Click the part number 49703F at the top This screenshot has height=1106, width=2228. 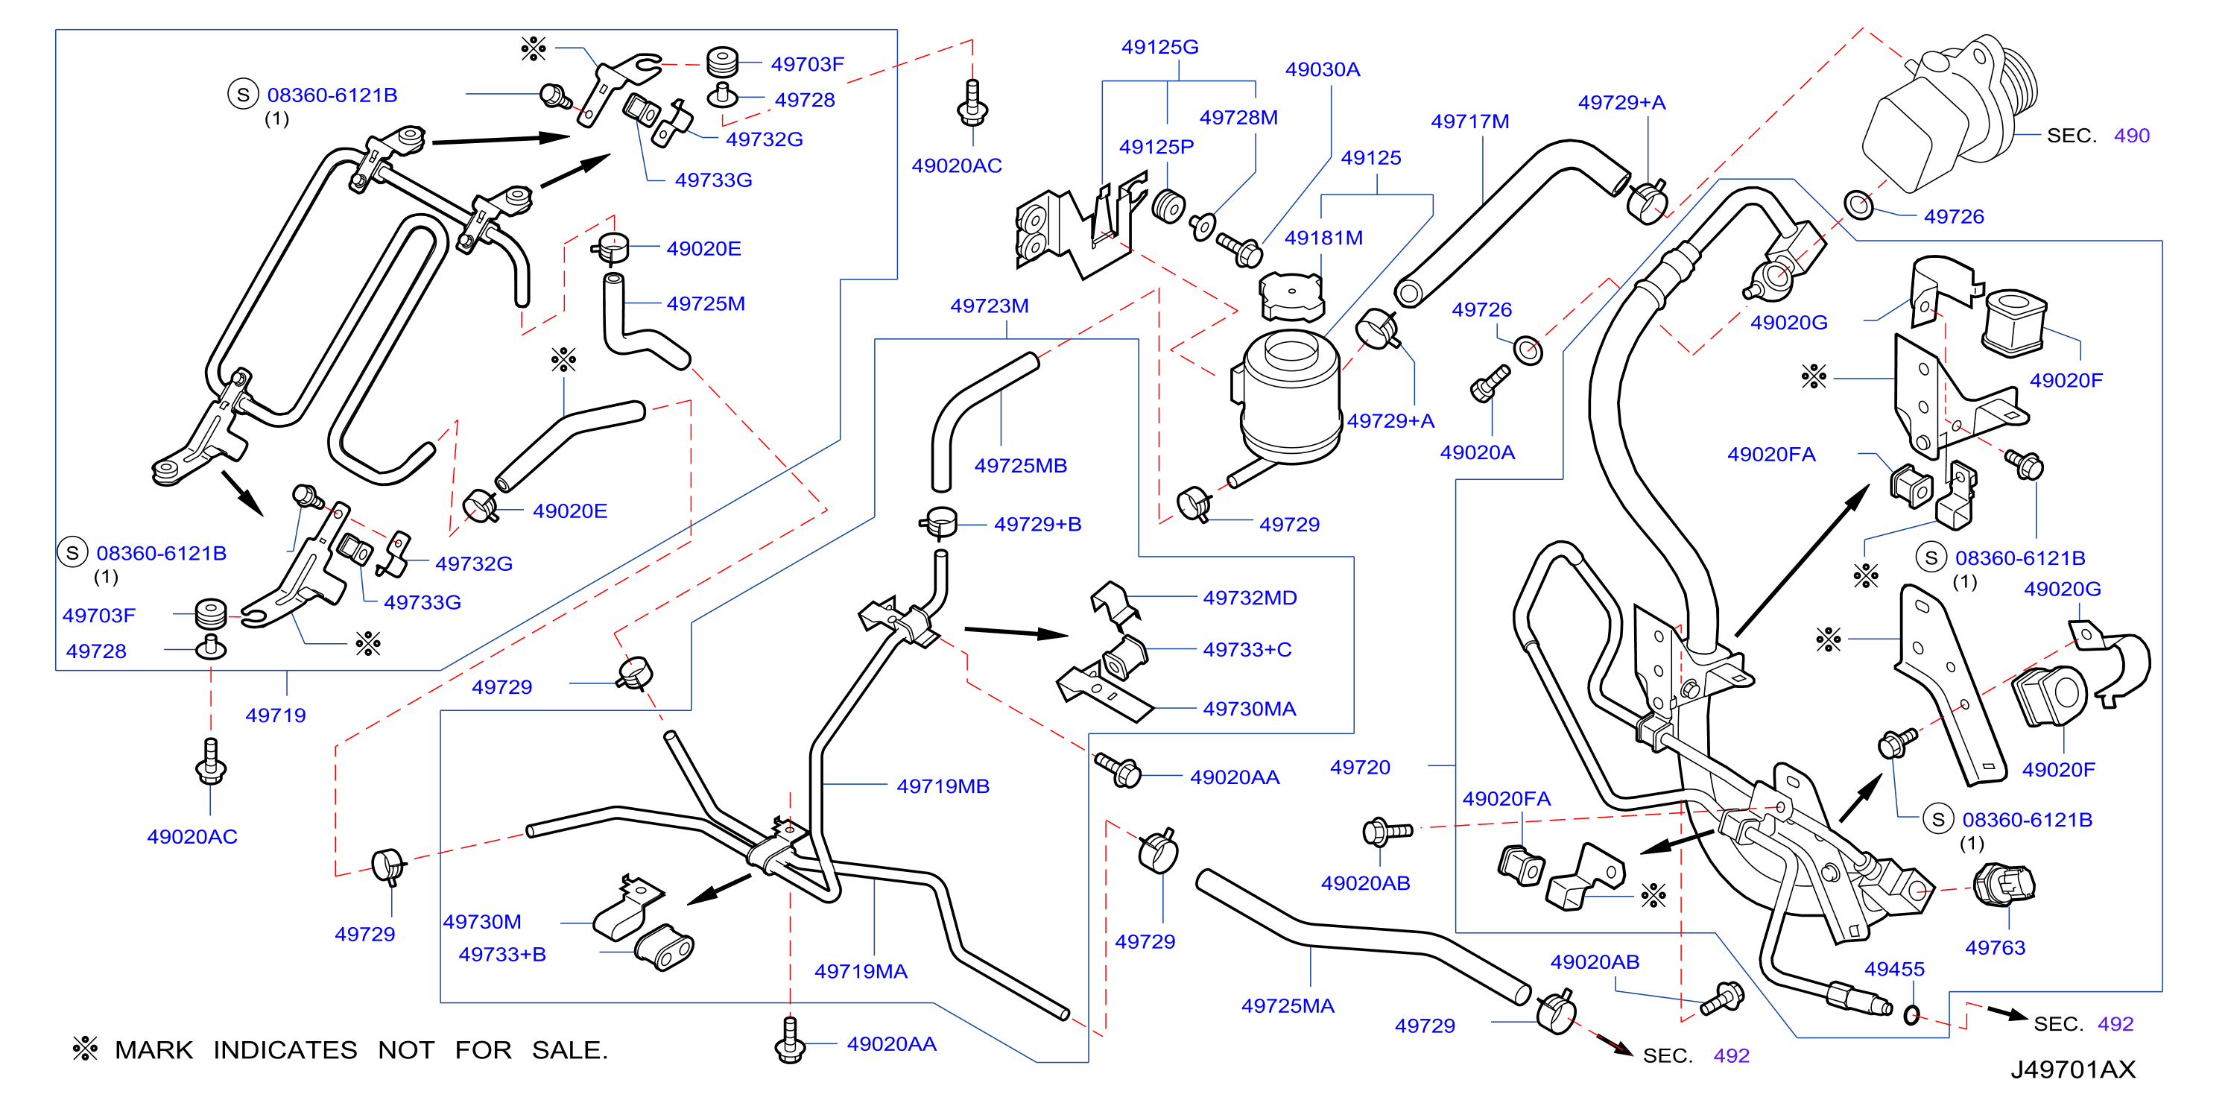coord(807,64)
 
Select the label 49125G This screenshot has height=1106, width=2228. coord(1160,47)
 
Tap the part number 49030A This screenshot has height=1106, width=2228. coord(1323,69)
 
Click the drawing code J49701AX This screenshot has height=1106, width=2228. coord(2072,1069)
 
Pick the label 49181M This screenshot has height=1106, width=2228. coord(1323,238)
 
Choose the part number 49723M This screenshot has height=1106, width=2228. coord(990,306)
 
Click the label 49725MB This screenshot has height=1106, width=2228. coord(1021,465)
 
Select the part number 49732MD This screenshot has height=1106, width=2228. coord(1250,598)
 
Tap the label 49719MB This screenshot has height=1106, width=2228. coord(943,786)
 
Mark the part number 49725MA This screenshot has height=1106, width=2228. coord(1288,1005)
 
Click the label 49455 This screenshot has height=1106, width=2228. coord(1894,969)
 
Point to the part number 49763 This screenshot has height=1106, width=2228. coord(1996,947)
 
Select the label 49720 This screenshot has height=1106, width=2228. coord(1360,767)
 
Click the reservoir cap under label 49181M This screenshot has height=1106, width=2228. coord(1291,297)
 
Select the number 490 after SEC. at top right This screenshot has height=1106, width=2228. coord(2131,135)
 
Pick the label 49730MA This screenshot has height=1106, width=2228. coord(1250,709)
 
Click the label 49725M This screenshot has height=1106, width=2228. coord(706,303)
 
